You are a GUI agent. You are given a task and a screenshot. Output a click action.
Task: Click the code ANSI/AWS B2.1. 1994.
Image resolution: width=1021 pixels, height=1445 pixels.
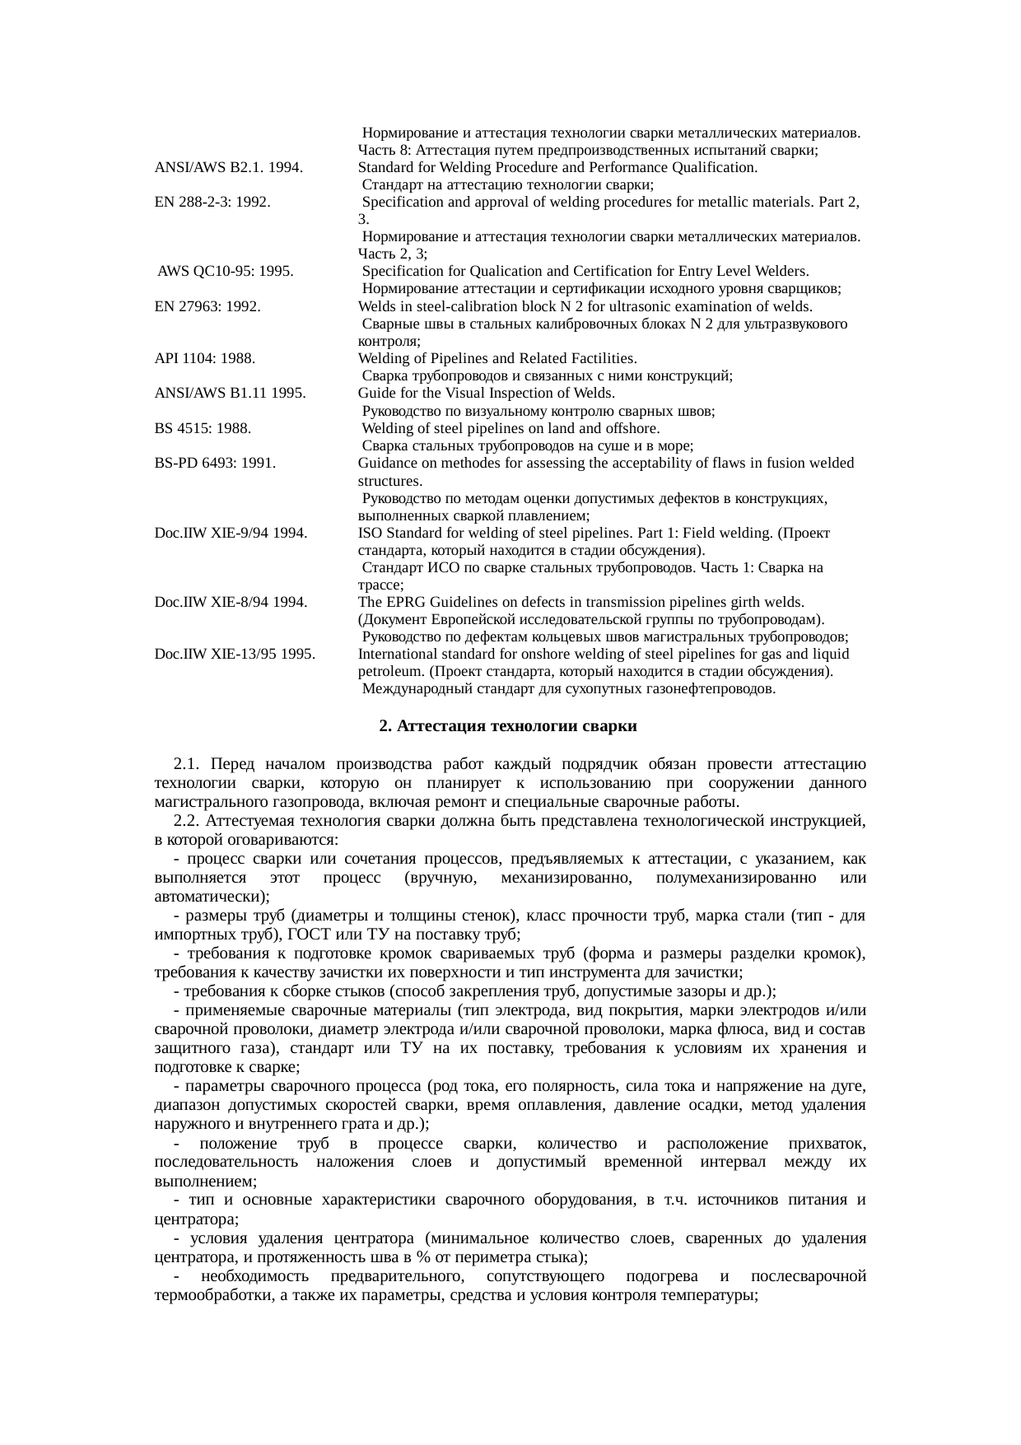click(x=228, y=168)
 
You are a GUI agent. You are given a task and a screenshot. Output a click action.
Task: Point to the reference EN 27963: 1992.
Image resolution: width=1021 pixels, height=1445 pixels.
click(x=207, y=306)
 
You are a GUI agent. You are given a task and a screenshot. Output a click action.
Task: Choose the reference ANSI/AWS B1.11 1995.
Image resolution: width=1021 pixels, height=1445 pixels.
click(x=230, y=394)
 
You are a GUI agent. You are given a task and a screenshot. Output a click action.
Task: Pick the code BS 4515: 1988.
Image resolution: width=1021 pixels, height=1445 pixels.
click(x=203, y=429)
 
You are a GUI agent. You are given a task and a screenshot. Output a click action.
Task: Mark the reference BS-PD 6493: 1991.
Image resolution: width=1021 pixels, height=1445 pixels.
click(x=214, y=464)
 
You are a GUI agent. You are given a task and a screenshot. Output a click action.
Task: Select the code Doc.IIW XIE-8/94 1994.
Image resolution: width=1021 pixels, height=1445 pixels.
click(x=231, y=603)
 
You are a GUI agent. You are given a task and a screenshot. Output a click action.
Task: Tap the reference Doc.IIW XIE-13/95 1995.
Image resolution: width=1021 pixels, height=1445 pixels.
click(x=235, y=655)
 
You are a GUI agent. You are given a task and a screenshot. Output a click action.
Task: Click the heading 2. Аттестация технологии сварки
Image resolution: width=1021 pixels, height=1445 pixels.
click(x=508, y=727)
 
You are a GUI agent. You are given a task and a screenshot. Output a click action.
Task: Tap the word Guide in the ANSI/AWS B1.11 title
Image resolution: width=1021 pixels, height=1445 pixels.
click(x=375, y=394)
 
